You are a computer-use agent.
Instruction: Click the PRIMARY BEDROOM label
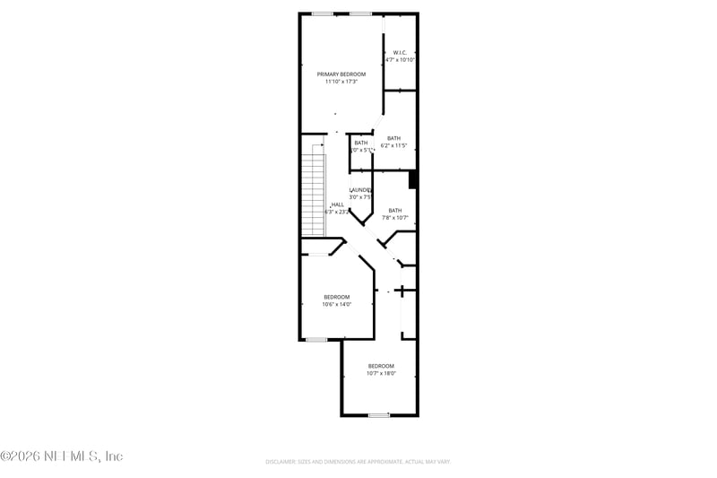(x=341, y=74)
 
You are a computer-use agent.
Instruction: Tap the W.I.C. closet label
(x=401, y=53)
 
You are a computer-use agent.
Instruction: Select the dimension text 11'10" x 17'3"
(x=341, y=82)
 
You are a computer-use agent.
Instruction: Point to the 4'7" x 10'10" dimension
(x=401, y=60)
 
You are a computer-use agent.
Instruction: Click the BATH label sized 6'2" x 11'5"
(x=393, y=138)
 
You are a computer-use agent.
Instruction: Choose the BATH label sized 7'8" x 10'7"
(x=395, y=211)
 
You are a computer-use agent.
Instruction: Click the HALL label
(x=337, y=204)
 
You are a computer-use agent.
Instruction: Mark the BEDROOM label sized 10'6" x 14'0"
(x=337, y=297)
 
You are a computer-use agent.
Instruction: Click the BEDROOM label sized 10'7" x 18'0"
(x=381, y=366)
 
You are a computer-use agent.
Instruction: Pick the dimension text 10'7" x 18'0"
(x=381, y=374)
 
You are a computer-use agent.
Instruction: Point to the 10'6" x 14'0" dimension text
(x=337, y=304)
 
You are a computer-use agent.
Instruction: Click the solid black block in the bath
(x=413, y=179)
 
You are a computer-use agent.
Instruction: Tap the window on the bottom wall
(x=379, y=415)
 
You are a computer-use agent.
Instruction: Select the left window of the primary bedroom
(x=323, y=13)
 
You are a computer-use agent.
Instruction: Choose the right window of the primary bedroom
(x=360, y=13)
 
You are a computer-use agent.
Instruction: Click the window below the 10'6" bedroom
(x=315, y=340)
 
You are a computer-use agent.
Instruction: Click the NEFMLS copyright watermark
(x=61, y=456)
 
